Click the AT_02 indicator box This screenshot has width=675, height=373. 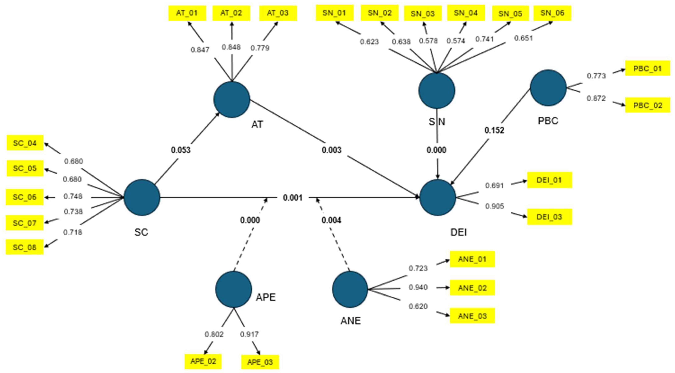click(x=231, y=13)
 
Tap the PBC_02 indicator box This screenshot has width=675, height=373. click(x=647, y=105)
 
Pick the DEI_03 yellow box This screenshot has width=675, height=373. click(x=549, y=217)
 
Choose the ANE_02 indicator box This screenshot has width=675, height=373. click(x=472, y=288)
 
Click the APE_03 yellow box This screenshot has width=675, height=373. click(x=260, y=362)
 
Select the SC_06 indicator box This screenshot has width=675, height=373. click(x=25, y=197)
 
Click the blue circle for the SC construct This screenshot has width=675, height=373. click(x=142, y=197)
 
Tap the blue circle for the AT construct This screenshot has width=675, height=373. click(x=232, y=99)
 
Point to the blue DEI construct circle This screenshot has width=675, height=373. click(x=438, y=197)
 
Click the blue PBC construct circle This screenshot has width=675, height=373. click(x=548, y=88)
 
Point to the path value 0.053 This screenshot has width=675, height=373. click(x=181, y=150)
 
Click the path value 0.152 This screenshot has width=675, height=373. click(x=494, y=130)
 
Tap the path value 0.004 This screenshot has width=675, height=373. click(x=331, y=220)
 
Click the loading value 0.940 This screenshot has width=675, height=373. click(x=418, y=287)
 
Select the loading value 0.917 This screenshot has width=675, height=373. click(x=249, y=334)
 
